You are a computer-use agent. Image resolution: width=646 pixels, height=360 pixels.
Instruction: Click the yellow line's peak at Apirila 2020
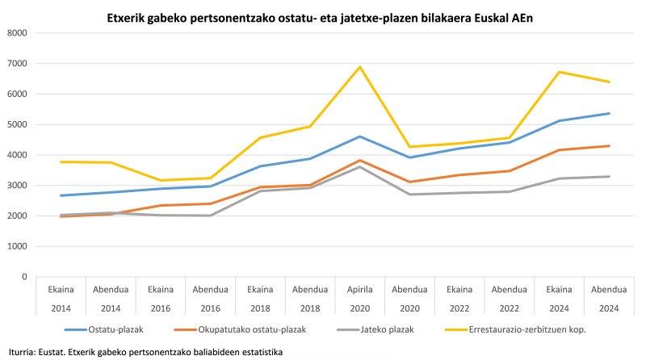coord(360,67)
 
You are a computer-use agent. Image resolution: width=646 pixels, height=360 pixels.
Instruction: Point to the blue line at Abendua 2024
coord(609,114)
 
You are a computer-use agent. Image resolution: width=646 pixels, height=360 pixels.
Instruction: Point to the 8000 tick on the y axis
coord(18,33)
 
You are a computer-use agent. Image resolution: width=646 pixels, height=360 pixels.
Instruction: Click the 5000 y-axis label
coord(18,124)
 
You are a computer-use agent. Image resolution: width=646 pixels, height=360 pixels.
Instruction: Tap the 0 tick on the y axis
coord(24,277)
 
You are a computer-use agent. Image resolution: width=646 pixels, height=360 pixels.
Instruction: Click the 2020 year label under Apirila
coord(360,307)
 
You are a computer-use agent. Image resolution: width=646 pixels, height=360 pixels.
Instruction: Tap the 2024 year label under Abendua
coord(609,307)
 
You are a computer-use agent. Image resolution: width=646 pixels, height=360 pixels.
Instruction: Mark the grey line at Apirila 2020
coord(360,166)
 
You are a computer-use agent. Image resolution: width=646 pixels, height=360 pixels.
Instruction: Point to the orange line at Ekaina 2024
coord(559,150)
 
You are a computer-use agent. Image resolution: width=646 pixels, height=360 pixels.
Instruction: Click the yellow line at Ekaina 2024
coord(559,72)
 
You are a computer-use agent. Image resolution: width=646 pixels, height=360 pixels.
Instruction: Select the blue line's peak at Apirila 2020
coord(360,136)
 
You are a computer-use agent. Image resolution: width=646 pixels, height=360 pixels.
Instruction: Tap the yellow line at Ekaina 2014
coord(62,162)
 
